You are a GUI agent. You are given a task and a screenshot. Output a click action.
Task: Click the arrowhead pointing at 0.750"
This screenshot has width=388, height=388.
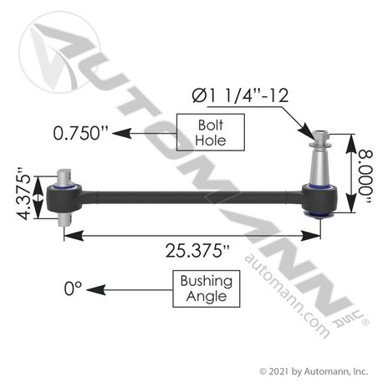click(118, 131)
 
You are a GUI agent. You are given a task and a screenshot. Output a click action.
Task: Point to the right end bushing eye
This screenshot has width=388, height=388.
click(321, 200)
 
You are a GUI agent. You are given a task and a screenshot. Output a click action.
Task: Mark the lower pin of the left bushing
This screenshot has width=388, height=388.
click(68, 217)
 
